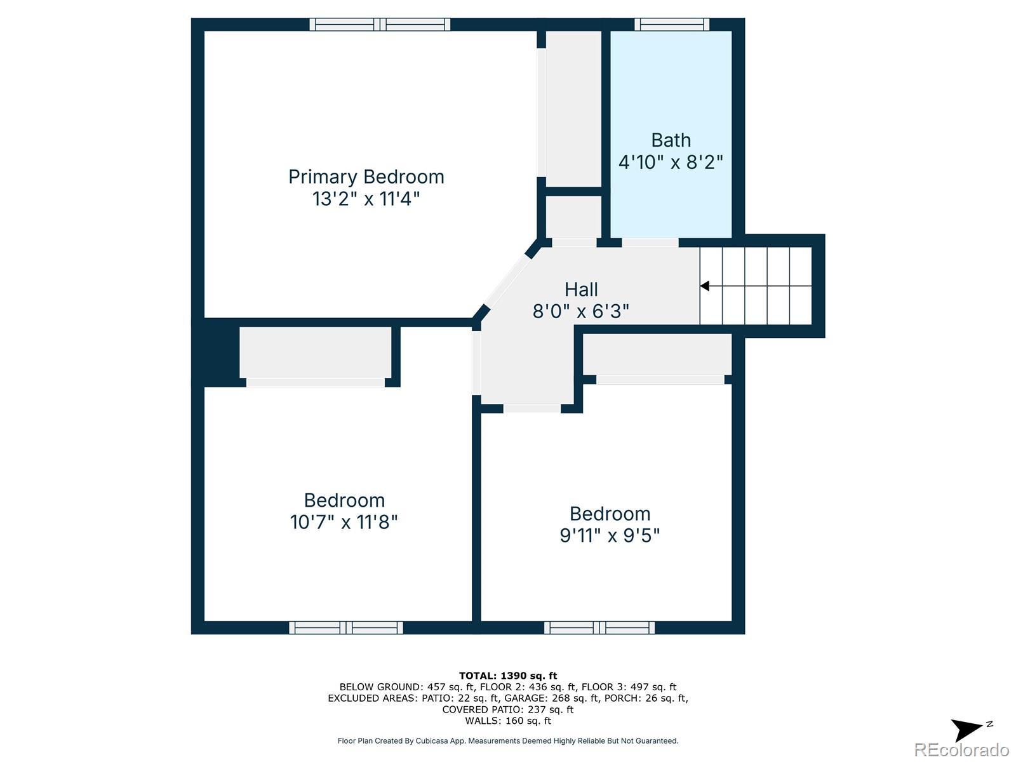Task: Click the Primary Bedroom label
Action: (366, 177)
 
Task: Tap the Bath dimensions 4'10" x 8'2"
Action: (671, 163)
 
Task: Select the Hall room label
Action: (582, 290)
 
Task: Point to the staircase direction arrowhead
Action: (704, 286)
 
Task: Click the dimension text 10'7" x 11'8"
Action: (344, 523)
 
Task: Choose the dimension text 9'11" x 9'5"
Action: (610, 536)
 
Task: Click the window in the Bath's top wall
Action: (672, 25)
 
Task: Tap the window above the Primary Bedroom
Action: (380, 25)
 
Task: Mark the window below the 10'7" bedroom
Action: (346, 628)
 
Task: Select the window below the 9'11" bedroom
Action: (599, 628)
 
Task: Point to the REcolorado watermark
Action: (962, 749)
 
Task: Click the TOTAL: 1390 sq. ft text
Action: (508, 676)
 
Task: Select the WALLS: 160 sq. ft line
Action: (508, 721)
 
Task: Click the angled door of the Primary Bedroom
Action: (506, 282)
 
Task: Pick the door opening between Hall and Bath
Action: (650, 243)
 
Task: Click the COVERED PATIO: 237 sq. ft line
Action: (508, 710)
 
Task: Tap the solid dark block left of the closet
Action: (216, 352)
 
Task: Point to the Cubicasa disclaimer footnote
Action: (508, 740)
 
